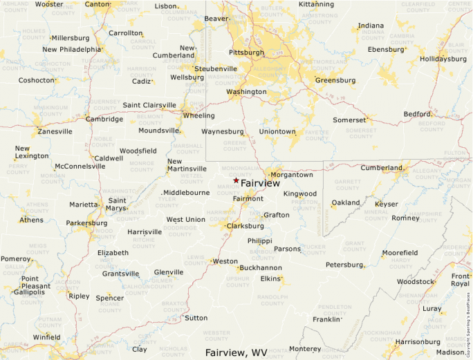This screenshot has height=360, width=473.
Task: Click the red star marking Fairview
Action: [x=236, y=180]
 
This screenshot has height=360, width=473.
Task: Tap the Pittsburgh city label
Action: [x=247, y=52]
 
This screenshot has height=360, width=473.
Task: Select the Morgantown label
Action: [x=291, y=175]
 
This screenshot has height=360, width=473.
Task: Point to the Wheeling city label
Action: [x=198, y=115]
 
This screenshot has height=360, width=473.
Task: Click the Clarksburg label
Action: [x=245, y=226]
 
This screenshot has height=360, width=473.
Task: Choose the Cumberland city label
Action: [x=381, y=168]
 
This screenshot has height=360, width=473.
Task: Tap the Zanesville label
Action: [x=55, y=131]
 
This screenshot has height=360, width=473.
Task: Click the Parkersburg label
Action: [x=86, y=223]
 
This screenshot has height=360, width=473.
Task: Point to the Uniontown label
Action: [x=277, y=131]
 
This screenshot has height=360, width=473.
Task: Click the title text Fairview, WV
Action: [x=236, y=352]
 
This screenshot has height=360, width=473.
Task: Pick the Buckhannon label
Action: [x=260, y=267]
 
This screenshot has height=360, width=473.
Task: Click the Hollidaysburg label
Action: [x=443, y=59]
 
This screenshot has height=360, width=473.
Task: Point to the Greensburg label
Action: [x=335, y=80]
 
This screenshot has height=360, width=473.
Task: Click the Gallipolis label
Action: [x=25, y=292]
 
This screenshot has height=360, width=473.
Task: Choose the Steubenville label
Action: [x=216, y=69]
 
